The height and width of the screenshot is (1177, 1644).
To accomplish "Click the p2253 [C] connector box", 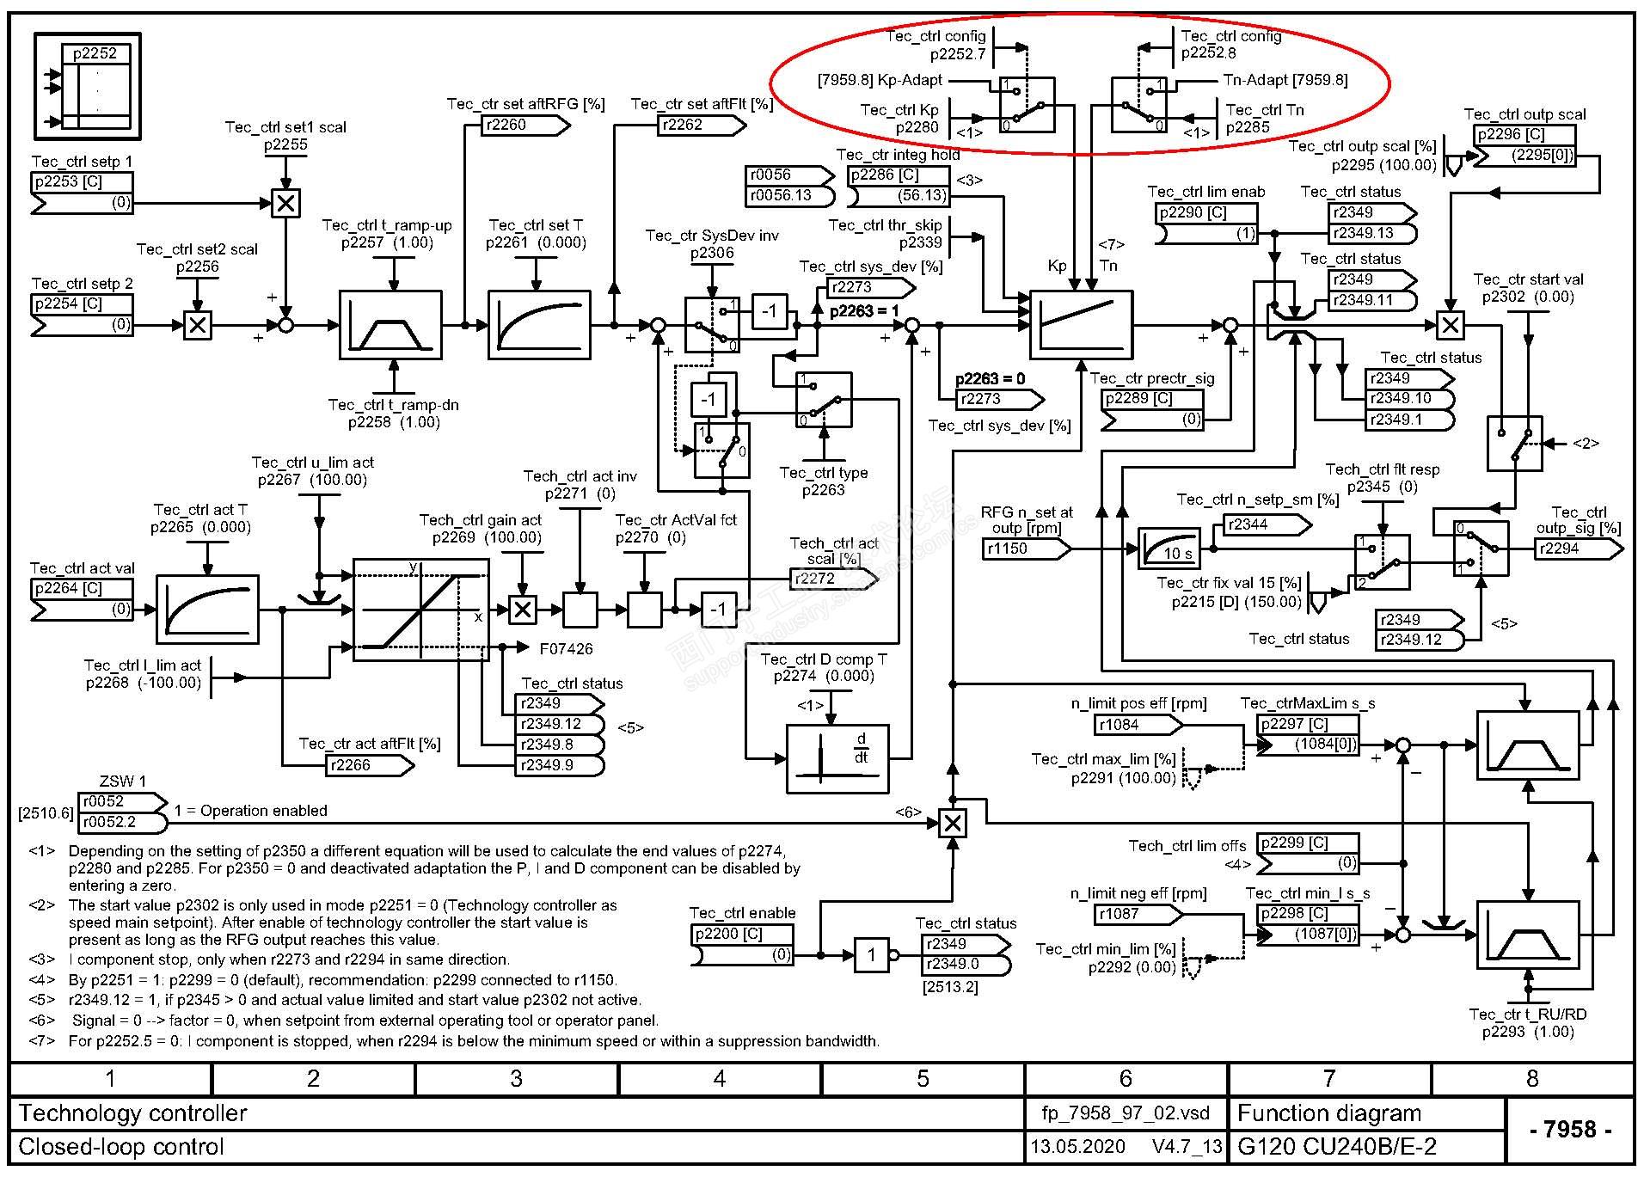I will tap(82, 182).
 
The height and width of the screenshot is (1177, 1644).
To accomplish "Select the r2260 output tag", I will tap(524, 126).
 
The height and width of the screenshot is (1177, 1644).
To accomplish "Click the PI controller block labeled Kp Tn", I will tap(1081, 325).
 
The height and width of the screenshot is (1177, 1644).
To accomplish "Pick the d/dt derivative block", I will tap(837, 758).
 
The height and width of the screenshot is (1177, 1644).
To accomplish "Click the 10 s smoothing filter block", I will tap(1168, 548).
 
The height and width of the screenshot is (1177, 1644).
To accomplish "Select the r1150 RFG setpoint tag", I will tap(1025, 549).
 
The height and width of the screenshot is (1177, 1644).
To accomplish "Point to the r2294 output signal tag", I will tap(1577, 549).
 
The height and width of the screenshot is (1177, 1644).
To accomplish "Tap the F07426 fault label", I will tap(566, 649).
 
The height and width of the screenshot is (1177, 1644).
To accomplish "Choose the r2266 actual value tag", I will tap(368, 765).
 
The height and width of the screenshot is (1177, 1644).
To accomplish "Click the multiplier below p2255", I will tap(285, 204).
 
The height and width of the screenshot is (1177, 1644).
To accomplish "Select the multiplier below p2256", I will tap(198, 326).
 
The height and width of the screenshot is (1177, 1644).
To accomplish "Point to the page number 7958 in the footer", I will tap(1570, 1130).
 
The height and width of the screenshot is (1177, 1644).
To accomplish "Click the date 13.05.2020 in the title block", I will tap(1077, 1147).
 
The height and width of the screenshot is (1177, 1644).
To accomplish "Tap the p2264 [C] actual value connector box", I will tap(82, 589).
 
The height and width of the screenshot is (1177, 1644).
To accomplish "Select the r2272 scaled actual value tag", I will tap(831, 579).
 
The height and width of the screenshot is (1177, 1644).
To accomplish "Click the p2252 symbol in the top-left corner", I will tap(88, 86).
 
